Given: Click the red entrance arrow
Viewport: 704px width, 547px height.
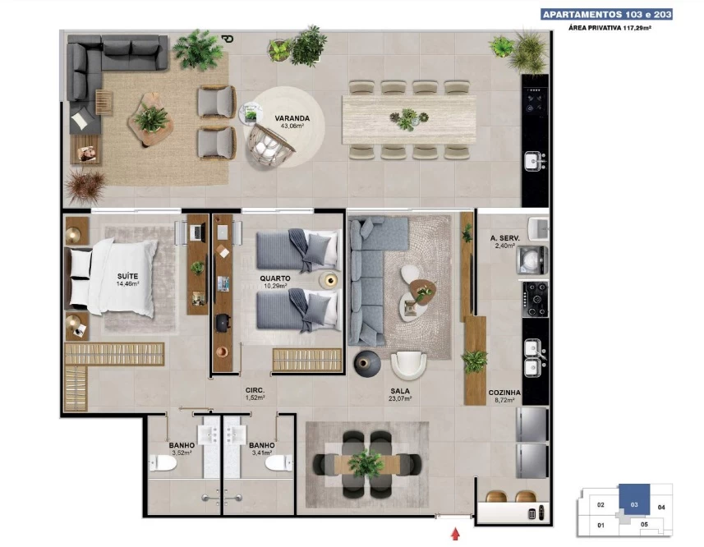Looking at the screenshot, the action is click(x=456, y=534).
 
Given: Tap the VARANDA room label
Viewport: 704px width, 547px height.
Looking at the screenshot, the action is click(x=292, y=118).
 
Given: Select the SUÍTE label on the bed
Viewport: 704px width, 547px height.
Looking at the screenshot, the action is click(x=127, y=277).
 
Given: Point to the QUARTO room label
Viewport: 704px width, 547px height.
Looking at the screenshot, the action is click(x=274, y=278).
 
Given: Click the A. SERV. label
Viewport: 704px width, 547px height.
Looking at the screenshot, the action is click(x=505, y=238).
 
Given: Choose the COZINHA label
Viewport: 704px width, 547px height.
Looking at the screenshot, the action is click(x=504, y=393).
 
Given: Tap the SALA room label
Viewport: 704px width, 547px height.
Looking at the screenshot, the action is click(x=400, y=391).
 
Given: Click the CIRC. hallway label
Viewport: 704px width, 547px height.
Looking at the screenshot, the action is click(x=255, y=390).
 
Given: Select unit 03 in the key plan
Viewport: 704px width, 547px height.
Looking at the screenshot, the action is click(x=634, y=499).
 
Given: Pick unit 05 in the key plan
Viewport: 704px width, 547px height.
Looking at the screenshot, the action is click(x=644, y=524).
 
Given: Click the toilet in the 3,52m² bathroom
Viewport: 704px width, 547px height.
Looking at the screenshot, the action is click(x=163, y=462).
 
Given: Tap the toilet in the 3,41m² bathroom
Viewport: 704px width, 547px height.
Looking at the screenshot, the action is click(x=278, y=462).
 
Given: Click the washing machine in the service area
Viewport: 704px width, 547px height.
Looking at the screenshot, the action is click(x=532, y=260).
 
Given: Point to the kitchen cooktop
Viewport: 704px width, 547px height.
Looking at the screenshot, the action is click(x=535, y=299).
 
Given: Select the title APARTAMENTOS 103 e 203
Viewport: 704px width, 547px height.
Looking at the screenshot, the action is click(x=607, y=15).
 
